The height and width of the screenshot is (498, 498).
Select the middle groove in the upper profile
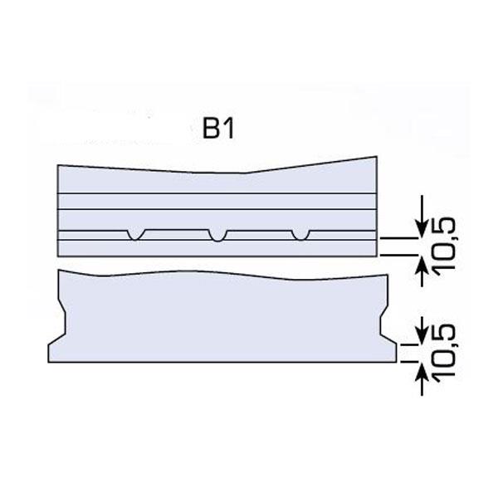[x=217, y=235]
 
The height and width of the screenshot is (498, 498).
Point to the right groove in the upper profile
[x=300, y=235]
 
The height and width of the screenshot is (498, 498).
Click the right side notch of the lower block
[x=385, y=325]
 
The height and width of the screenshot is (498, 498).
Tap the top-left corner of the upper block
[x=57, y=166]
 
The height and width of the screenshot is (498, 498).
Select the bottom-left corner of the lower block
[x=49, y=362]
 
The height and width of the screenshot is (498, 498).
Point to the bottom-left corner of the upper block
[x=57, y=256]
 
